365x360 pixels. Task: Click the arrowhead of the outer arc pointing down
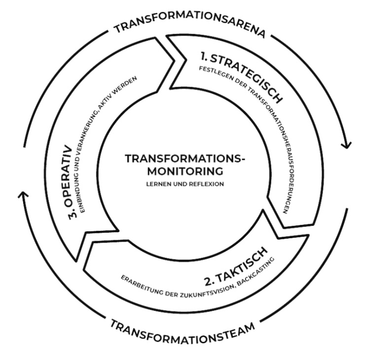[x=346, y=145]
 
